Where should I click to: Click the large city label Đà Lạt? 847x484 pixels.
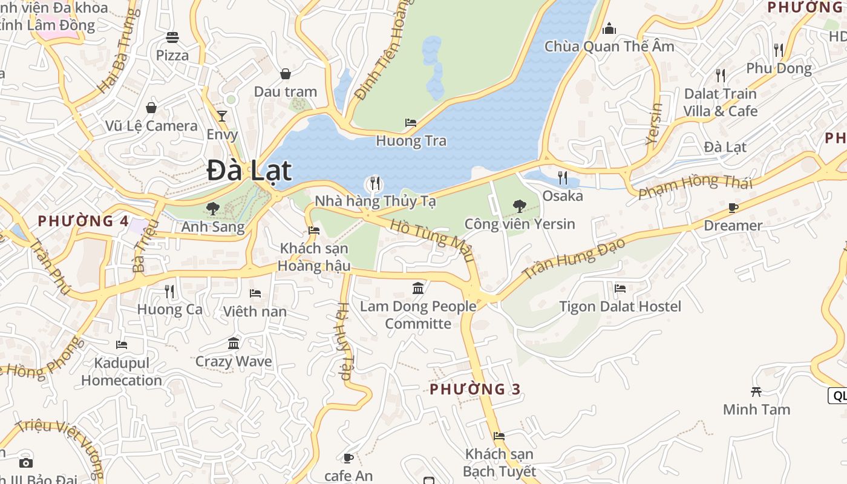point(249,171)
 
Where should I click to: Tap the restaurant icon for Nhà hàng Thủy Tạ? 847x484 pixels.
point(375,183)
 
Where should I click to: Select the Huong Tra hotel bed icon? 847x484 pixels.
point(411,123)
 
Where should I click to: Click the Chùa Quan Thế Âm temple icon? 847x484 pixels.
point(609,28)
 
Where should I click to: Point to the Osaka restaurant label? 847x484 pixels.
point(563,195)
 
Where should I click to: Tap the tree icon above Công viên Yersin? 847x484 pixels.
point(519,206)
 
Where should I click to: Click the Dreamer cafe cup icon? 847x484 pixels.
point(733,208)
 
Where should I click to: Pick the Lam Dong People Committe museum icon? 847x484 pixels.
point(418,288)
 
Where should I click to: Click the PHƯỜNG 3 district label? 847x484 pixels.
point(475,389)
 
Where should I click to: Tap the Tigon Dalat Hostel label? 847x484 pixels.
point(620,307)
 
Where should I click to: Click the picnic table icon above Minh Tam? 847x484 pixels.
point(756,391)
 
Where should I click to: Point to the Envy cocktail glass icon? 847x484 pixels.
point(222,116)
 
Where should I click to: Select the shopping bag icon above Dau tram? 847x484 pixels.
point(286,74)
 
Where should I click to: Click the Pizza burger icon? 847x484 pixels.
point(172,38)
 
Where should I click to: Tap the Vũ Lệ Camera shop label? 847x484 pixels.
point(151,126)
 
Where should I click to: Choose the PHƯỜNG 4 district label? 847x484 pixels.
point(83,221)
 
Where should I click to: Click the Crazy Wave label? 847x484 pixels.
point(234,361)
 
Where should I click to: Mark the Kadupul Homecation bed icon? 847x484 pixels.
point(122,345)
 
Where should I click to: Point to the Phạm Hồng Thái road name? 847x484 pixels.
point(695,185)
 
